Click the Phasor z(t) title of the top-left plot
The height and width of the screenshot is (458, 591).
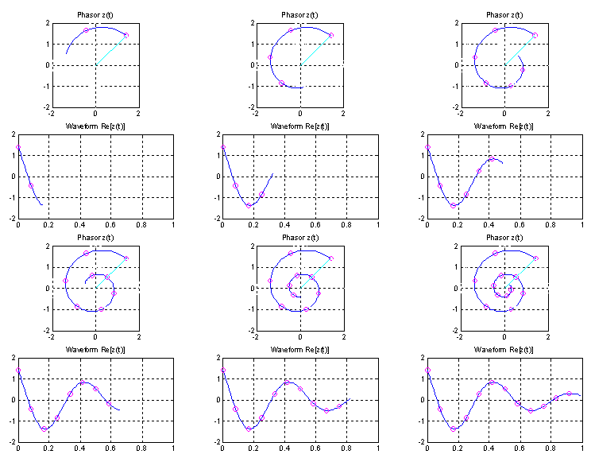pyautogui.click(x=95, y=15)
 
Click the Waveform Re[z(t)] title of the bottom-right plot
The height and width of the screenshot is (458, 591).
pyautogui.click(x=504, y=349)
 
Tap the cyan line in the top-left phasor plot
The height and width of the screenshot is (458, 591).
pyautogui.click(x=105, y=55)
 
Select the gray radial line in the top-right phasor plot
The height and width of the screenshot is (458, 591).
pyautogui.click(x=520, y=50)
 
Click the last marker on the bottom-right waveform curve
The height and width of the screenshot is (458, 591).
pyautogui.click(x=568, y=393)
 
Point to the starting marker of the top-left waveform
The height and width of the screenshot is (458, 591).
pyautogui.click(x=18, y=147)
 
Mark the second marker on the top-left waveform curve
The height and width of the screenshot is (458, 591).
pyautogui.click(x=31, y=185)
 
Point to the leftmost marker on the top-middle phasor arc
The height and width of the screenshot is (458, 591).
pyautogui.click(x=270, y=57)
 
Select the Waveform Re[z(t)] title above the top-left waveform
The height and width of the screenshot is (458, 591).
pyautogui.click(x=95, y=126)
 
